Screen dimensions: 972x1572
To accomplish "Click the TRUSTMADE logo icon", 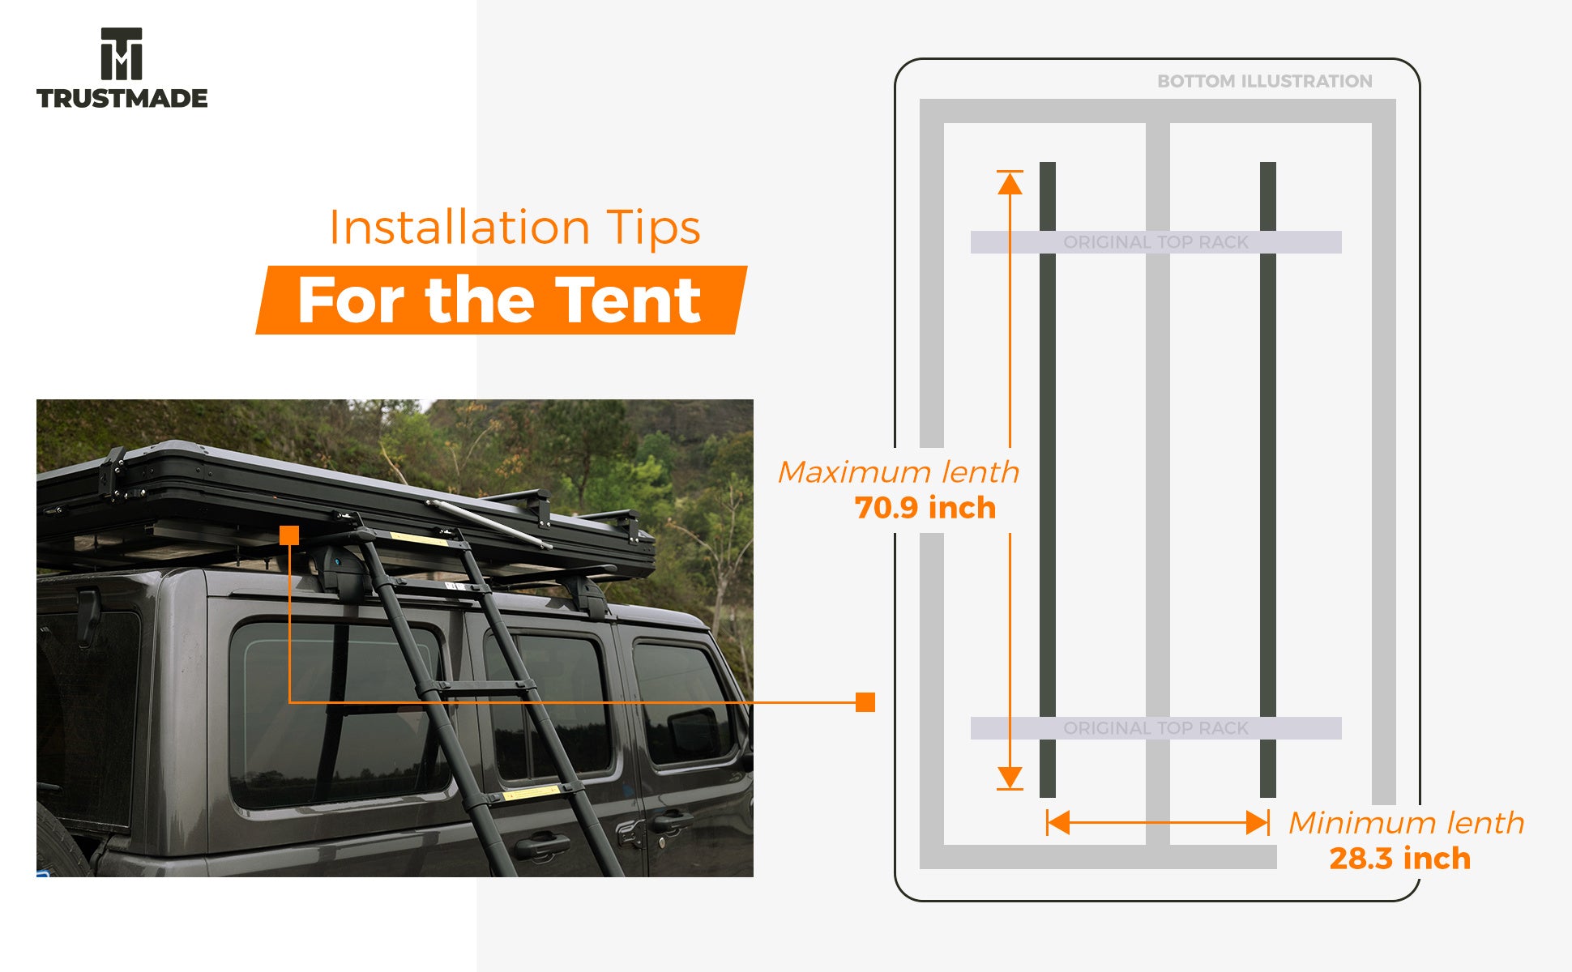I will click(x=122, y=53).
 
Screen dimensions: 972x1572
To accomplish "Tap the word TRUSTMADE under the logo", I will click(x=122, y=99).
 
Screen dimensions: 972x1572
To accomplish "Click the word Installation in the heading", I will click(x=459, y=228).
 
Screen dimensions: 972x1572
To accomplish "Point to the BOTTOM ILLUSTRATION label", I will click(x=1264, y=81).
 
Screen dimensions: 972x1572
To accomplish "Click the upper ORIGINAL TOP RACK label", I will click(x=1156, y=242).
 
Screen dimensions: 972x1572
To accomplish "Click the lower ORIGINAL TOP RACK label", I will click(x=1156, y=728).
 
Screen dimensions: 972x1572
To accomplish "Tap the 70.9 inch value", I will click(x=925, y=508).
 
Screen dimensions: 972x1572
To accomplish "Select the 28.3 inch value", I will click(x=1399, y=859).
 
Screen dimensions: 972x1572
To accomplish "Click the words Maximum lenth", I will click(x=899, y=472).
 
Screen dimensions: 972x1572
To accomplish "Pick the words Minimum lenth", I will click(x=1406, y=823).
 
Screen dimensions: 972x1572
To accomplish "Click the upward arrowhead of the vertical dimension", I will click(x=1010, y=184).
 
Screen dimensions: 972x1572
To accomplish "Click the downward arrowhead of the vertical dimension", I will click(x=1010, y=777).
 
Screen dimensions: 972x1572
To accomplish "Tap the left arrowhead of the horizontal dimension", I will click(x=1058, y=823).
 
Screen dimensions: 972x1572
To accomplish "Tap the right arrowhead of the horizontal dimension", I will click(x=1258, y=823).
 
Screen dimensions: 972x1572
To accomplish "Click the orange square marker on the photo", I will click(x=289, y=535).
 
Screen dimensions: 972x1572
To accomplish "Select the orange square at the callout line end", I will click(x=865, y=702).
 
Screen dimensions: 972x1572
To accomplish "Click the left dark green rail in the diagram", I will click(x=1048, y=486).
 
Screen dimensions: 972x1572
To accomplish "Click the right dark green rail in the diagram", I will click(x=1268, y=486).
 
